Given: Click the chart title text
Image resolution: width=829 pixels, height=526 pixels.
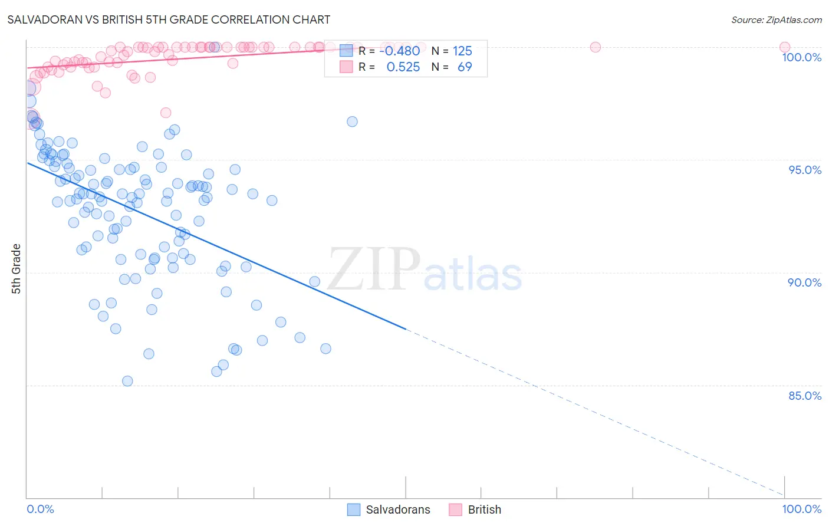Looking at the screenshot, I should point(169,19).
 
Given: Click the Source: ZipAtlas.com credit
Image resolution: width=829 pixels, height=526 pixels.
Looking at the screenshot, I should point(776,19).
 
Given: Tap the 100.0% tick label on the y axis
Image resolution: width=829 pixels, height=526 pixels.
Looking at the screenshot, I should point(801,57).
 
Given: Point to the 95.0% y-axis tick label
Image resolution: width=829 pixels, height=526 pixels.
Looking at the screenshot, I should point(805,170).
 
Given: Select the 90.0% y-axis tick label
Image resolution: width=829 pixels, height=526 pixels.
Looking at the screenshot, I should point(805,282).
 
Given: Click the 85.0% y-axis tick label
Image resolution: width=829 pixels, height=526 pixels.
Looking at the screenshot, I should point(805,396).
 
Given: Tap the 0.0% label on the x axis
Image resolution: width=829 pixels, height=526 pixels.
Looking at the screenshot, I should point(40,509).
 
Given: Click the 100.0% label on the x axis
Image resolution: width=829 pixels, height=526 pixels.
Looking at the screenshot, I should point(801,509).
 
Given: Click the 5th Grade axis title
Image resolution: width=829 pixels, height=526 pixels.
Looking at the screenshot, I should point(16,268).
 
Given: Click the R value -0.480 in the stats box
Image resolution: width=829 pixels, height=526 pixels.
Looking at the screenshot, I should point(400,51).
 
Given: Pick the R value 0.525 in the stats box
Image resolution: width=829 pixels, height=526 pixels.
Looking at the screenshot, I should point(403,67).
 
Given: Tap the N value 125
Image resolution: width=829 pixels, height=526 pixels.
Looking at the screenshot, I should point(462,51).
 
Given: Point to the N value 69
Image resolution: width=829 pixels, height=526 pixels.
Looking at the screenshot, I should point(465,67).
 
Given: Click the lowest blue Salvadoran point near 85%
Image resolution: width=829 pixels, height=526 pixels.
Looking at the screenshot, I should point(127,381).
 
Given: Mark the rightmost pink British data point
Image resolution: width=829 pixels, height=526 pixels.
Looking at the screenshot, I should point(784,47).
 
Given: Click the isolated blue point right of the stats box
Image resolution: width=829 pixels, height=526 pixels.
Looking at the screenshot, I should point(352,121).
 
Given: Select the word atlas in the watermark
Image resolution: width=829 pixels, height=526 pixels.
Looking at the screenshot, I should point(473,275).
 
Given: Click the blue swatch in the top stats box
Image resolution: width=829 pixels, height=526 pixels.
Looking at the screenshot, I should point(346,51).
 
